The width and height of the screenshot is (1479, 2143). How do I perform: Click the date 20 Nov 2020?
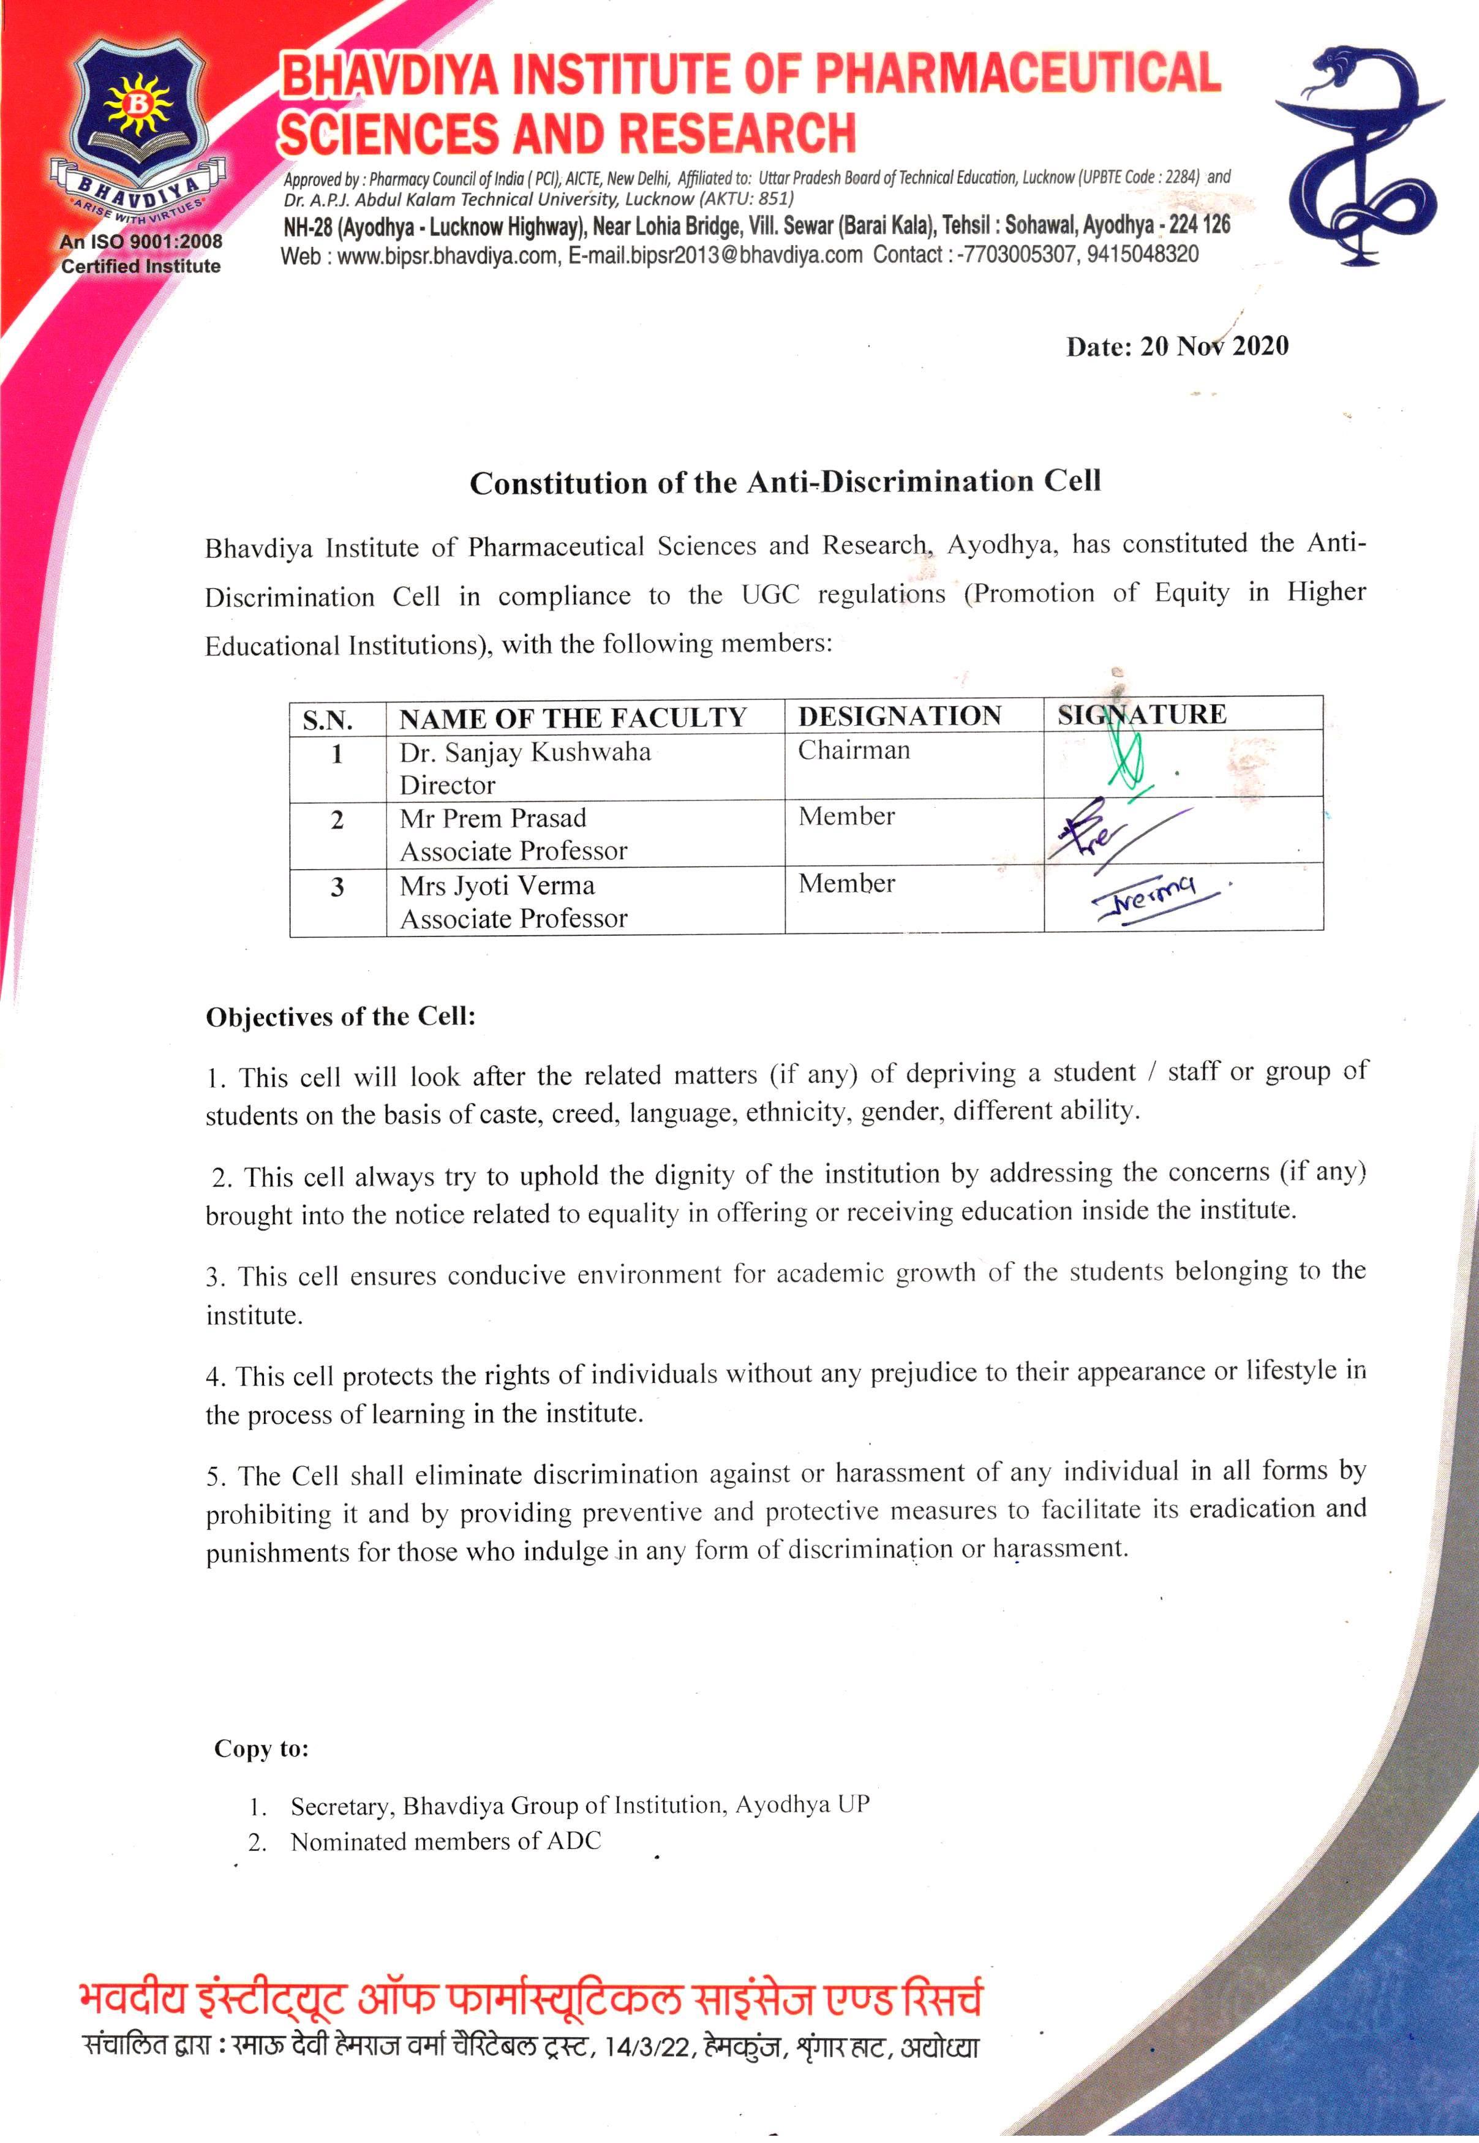tap(1177, 347)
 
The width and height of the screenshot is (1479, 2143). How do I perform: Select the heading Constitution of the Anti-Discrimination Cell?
tap(785, 483)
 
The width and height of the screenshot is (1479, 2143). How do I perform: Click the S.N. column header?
tap(327, 720)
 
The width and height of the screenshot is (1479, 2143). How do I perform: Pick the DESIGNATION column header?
tap(899, 716)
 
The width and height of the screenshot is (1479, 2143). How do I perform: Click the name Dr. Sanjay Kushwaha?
tap(525, 751)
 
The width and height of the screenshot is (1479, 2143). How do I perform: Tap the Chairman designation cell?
tap(854, 750)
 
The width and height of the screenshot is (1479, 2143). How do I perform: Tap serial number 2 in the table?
tap(337, 820)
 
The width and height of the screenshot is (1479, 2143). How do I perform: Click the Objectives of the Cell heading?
tap(340, 1017)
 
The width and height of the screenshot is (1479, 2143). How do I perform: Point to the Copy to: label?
tap(262, 1749)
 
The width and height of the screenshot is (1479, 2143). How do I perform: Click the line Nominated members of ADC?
tap(445, 1842)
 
